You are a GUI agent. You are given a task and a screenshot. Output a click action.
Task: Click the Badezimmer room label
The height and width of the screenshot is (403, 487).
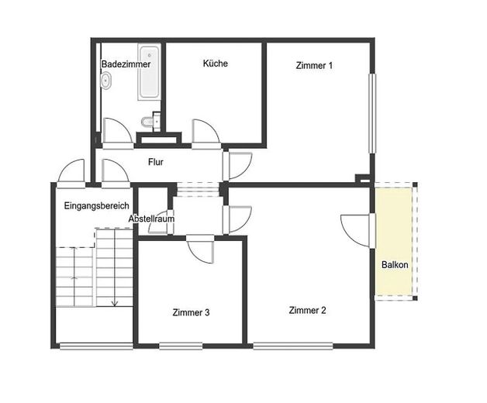[126, 64]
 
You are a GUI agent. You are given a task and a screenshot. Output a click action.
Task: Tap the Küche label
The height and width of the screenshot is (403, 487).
[216, 64]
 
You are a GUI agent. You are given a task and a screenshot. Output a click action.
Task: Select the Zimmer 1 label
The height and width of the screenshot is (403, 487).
[314, 66]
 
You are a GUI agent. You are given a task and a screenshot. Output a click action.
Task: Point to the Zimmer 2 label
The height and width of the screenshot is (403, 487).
[308, 310]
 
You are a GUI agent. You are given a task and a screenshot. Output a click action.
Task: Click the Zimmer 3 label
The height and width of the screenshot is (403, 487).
[191, 312]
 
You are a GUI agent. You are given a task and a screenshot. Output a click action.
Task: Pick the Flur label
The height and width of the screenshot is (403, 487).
[156, 162]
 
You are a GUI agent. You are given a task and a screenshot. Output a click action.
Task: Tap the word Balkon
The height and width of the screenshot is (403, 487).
[395, 265]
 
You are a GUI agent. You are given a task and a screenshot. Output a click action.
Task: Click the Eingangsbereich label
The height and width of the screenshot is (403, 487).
[97, 206]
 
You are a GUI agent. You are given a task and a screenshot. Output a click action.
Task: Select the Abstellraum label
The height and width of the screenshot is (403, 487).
[151, 219]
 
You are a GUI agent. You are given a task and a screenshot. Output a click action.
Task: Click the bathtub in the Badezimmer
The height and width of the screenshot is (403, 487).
[150, 72]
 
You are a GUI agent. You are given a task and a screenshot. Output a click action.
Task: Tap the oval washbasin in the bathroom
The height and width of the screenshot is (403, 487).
[106, 81]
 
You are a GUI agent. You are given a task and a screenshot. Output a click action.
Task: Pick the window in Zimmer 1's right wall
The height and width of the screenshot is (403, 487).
[372, 113]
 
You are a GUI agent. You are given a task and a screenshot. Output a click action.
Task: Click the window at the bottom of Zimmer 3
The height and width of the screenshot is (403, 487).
[181, 346]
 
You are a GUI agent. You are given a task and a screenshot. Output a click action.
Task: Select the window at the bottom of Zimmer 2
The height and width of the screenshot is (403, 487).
[293, 346]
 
